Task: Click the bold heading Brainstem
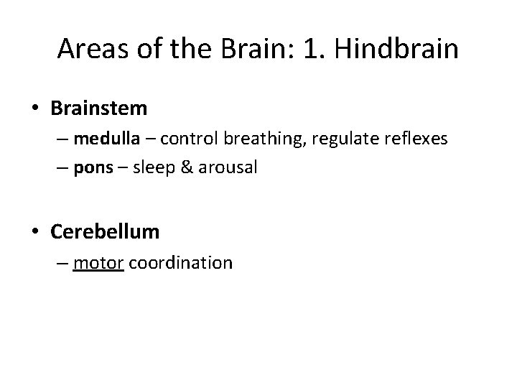[99, 108]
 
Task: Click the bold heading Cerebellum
[105, 232]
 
